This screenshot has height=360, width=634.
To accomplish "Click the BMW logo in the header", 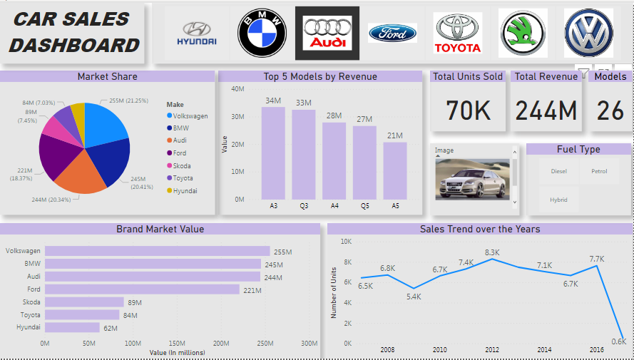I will tap(262, 33).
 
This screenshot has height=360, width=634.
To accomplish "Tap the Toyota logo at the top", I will tap(458, 34).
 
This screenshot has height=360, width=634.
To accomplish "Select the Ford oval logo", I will tap(392, 33).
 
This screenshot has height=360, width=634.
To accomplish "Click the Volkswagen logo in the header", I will tap(588, 33).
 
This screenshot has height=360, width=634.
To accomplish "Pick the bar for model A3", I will tap(273, 153).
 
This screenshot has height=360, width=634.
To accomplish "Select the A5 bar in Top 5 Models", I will tap(394, 170).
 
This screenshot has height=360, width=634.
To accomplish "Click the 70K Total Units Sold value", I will tap(468, 110).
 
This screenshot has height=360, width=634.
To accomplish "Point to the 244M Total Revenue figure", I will tap(546, 110).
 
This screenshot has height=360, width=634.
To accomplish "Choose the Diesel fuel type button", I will tap(558, 171).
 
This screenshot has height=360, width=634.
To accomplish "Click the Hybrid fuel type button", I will tap(558, 200).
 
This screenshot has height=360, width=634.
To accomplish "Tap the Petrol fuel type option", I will tap(599, 171).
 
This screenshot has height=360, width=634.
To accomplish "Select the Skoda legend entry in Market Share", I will tap(181, 165).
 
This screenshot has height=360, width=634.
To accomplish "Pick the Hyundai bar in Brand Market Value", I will tap(72, 327).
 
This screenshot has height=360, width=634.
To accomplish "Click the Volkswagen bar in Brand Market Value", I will tap(157, 251).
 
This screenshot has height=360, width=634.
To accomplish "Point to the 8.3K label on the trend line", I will tap(492, 252).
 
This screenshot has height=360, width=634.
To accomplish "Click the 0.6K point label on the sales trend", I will tap(618, 341).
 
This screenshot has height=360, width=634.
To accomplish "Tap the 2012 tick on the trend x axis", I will tap(492, 350).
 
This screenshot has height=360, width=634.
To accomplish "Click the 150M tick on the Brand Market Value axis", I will tap(177, 344).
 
